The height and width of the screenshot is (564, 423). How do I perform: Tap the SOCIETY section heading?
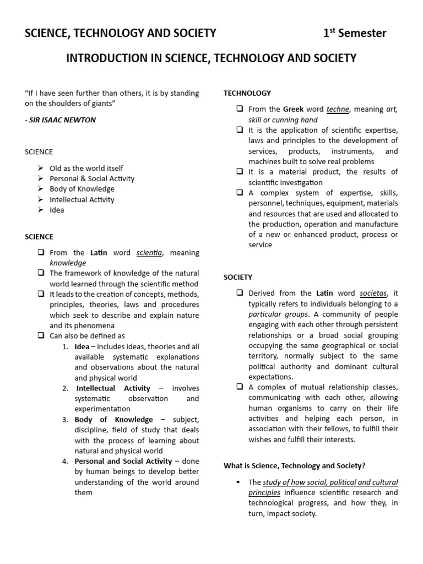click(x=238, y=277)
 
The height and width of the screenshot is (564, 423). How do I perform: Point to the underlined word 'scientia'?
click(x=149, y=253)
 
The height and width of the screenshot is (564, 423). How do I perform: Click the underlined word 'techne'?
click(x=338, y=109)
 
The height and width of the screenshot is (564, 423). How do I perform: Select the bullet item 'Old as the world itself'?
click(x=86, y=168)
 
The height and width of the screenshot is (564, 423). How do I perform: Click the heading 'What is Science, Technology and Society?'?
click(x=294, y=465)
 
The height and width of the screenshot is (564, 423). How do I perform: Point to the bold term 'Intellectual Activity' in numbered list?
click(x=113, y=388)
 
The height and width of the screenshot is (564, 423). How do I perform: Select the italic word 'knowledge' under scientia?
click(x=68, y=263)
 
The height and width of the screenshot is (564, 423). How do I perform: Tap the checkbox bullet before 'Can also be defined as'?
click(x=41, y=335)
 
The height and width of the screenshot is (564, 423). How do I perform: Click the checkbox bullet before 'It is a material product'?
click(x=240, y=171)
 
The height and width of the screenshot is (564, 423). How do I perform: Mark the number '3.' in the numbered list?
click(x=65, y=420)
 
